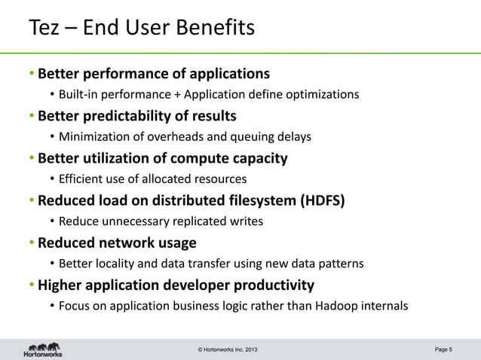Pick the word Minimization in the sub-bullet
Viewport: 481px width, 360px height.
click(94, 136)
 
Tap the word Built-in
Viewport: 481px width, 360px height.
click(78, 94)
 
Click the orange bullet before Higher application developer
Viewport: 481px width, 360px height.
click(32, 286)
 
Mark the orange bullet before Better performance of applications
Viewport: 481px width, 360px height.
click(32, 75)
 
